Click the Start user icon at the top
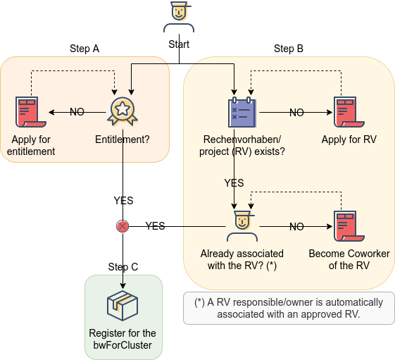(179, 17)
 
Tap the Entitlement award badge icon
(123, 111)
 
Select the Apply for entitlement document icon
(31, 112)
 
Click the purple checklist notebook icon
(242, 112)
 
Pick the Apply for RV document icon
(349, 112)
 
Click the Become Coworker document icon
(349, 226)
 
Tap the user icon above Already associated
(242, 226)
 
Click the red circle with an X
(123, 226)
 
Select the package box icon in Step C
(123, 306)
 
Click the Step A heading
(84, 49)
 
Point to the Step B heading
(289, 49)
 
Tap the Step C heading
(123, 267)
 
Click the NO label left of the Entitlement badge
(77, 112)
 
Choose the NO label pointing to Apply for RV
(296, 113)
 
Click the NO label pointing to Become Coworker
(296, 227)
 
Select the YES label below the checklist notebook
(234, 183)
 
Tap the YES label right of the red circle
(155, 226)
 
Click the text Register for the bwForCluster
(123, 339)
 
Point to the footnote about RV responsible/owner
(289, 308)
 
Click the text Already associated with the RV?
(242, 260)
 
